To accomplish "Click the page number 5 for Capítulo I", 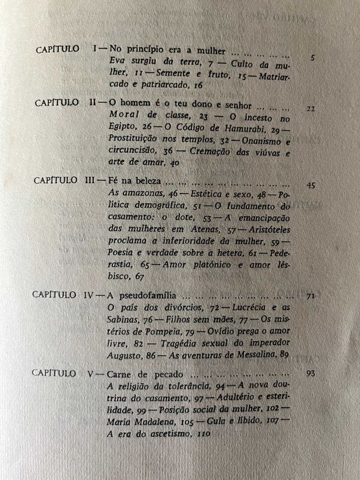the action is pos(312,58).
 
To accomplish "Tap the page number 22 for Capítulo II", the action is pos(311,108).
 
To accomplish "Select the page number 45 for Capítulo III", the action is pos(311,185).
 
